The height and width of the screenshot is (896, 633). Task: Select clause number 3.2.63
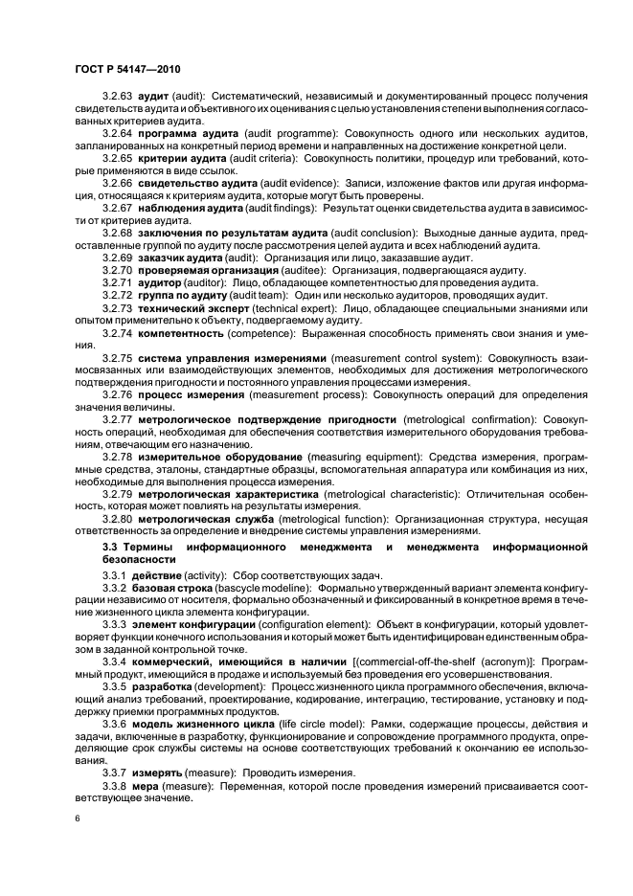pyautogui.click(x=118, y=98)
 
